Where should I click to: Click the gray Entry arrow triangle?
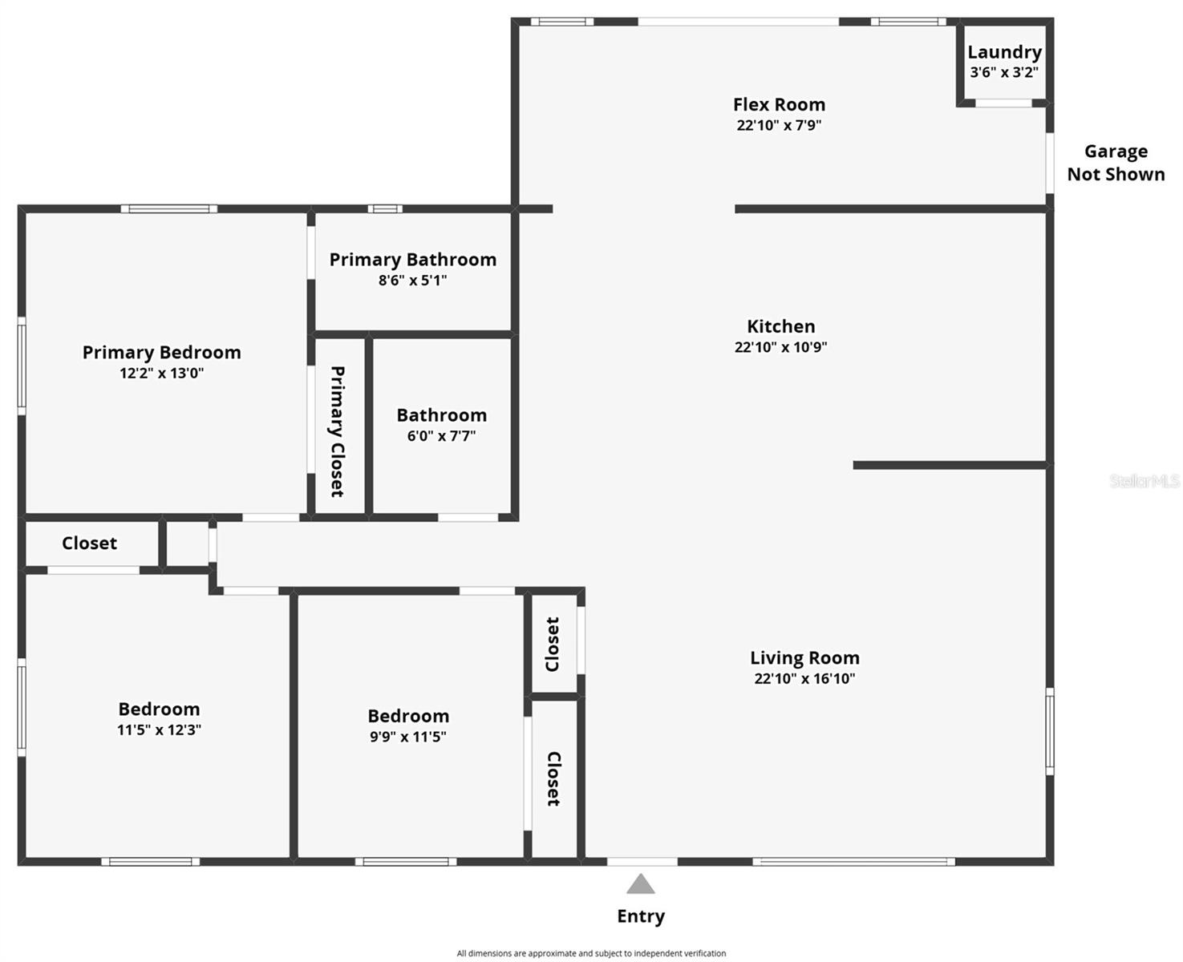point(641,884)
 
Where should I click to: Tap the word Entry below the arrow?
point(641,916)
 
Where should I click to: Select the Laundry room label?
point(1004,52)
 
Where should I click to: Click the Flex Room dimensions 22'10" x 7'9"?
point(779,125)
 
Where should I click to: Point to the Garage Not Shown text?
point(1116,163)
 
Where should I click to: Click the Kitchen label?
point(780,326)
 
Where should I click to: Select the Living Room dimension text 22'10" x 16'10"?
point(804,678)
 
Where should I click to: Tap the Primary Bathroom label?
point(412,260)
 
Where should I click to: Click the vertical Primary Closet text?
point(338,431)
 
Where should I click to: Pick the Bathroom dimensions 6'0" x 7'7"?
point(441,436)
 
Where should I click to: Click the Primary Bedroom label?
point(161,353)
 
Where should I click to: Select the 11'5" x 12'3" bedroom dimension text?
point(159,730)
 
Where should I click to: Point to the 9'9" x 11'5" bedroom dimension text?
point(407,737)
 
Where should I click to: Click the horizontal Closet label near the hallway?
point(89,544)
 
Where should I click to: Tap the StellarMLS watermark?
point(1145,481)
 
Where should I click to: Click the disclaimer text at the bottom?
point(591,953)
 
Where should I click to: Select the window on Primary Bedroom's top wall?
point(168,209)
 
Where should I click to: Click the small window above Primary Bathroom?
point(385,209)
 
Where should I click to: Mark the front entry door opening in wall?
point(642,862)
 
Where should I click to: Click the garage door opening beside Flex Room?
point(1049,163)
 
